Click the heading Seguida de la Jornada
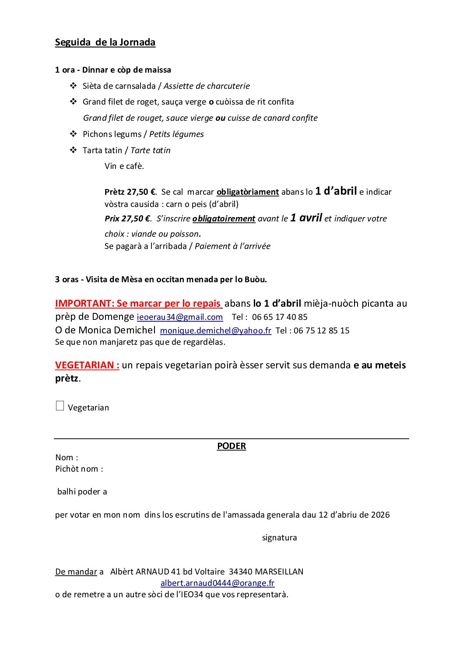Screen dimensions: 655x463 click(105, 42)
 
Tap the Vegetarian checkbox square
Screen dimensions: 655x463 click(60, 406)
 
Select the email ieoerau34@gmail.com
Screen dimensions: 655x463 click(180, 317)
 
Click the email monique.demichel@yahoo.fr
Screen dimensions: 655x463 click(216, 331)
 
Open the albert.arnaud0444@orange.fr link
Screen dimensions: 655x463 click(217, 583)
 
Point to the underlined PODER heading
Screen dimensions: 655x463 click(231, 446)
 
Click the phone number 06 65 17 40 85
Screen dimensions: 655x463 click(280, 317)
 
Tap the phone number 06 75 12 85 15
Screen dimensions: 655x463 click(322, 331)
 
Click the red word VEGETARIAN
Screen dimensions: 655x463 click(87, 365)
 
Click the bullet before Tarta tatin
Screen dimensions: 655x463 click(74, 150)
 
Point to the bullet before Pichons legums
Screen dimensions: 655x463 click(74, 134)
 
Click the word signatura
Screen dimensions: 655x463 click(279, 538)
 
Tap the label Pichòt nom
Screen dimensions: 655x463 click(79, 469)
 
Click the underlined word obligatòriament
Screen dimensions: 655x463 click(248, 192)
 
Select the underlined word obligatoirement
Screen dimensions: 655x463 click(224, 219)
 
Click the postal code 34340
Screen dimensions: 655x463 click(241, 572)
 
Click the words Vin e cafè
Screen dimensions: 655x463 click(124, 166)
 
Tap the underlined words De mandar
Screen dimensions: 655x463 click(76, 572)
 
